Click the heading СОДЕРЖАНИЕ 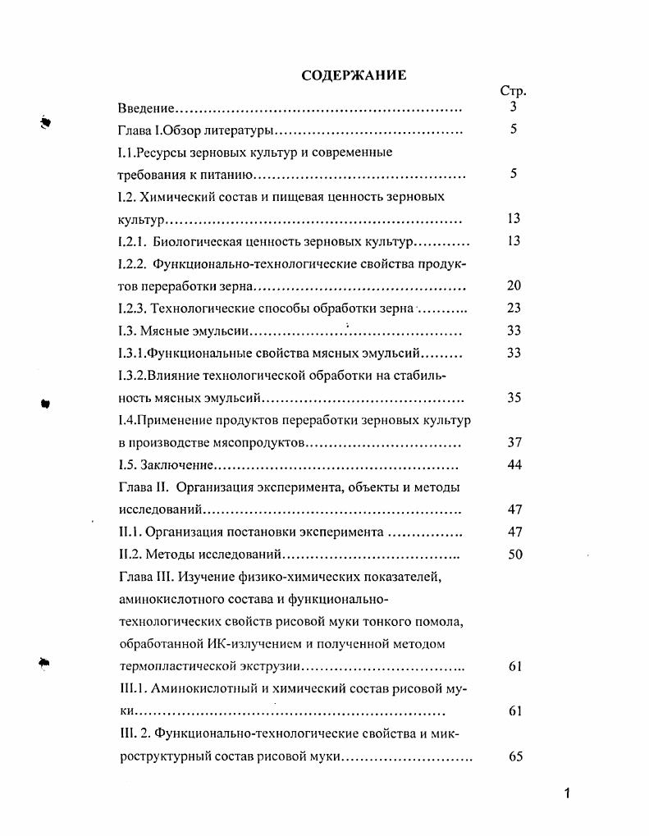coord(354,75)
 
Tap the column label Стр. coord(513,91)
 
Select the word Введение coord(146,107)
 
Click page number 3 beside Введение coord(513,107)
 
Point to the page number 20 coord(514,286)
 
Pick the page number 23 coord(514,308)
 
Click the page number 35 coord(514,398)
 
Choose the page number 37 coord(514,442)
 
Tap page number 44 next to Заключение coord(514,465)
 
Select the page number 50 coord(514,555)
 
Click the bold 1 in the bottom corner coord(566,793)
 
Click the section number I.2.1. coord(133,241)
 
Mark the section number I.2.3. coord(133,308)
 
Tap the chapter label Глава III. coord(145,577)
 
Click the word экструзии coord(272,667)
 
